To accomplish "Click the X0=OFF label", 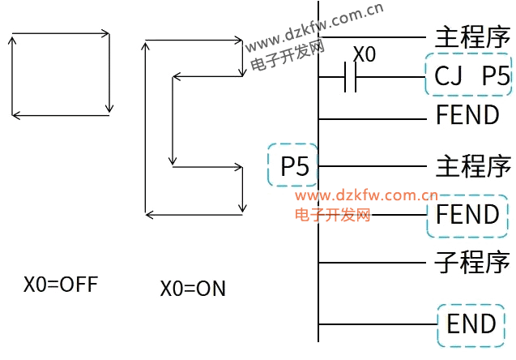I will pos(60,285).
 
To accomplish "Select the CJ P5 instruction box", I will pos(468,76).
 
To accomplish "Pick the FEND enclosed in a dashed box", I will pos(467,215).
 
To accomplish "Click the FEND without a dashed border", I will pos(467,115).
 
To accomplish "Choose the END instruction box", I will pos(471,324).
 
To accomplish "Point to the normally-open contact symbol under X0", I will pos(350,78).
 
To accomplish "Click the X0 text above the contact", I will pos(365,55).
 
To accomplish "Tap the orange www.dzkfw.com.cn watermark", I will pos(366,195).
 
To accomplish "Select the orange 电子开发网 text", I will pos(332,214).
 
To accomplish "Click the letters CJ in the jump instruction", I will pos(449,76).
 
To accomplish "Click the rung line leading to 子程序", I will pos(373,262).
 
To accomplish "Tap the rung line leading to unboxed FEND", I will pos(373,118).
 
